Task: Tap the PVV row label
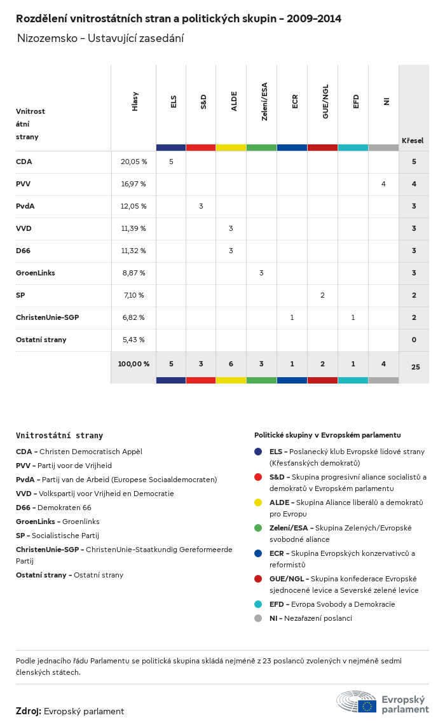pyautogui.click(x=24, y=184)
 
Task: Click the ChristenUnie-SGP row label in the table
pyautogui.click(x=47, y=317)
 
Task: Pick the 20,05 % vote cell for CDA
pyautogui.click(x=133, y=162)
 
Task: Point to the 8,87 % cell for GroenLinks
pyautogui.click(x=133, y=273)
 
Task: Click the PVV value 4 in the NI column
pyautogui.click(x=383, y=184)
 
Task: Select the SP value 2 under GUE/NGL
pyautogui.click(x=322, y=295)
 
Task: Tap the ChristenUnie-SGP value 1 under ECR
pyautogui.click(x=292, y=317)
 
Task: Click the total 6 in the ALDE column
pyautogui.click(x=231, y=364)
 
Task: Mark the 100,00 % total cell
pyautogui.click(x=133, y=364)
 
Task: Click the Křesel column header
pyautogui.click(x=413, y=141)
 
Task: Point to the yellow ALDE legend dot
pyautogui.click(x=258, y=502)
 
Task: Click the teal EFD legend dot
pyautogui.click(x=258, y=604)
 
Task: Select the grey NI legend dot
pyautogui.click(x=258, y=618)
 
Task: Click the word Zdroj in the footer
pyautogui.click(x=28, y=711)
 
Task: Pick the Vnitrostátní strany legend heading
pyautogui.click(x=59, y=436)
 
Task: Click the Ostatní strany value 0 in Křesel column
pyautogui.click(x=414, y=340)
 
